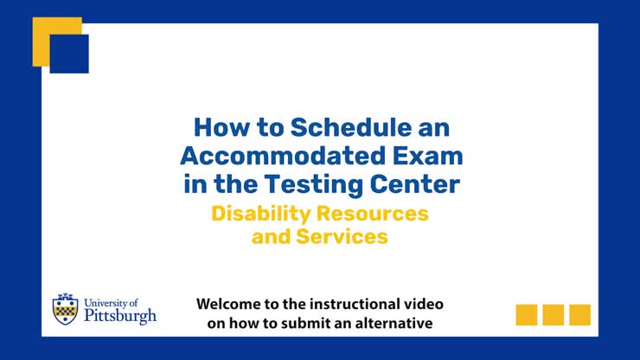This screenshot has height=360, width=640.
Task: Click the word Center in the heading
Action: (x=419, y=184)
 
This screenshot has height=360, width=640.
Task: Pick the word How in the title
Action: (x=214, y=127)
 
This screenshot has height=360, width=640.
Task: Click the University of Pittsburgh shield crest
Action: (x=65, y=309)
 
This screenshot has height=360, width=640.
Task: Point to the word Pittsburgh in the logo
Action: (x=120, y=316)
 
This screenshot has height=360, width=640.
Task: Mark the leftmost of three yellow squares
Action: (x=527, y=314)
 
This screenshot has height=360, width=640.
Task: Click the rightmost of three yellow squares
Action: (x=579, y=314)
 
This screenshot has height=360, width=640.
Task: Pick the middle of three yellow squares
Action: (x=554, y=314)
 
